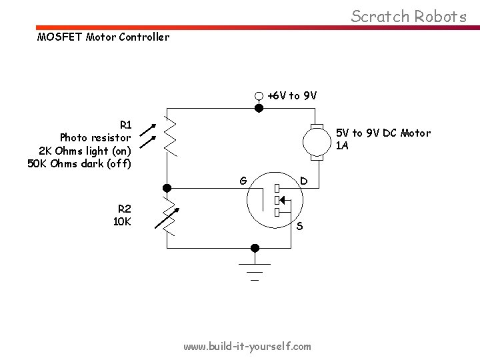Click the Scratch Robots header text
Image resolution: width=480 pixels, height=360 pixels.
(x=409, y=16)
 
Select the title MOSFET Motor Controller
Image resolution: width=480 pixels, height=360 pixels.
(x=103, y=37)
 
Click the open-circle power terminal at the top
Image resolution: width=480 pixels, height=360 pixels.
(x=259, y=95)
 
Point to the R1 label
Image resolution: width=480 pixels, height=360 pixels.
(x=125, y=124)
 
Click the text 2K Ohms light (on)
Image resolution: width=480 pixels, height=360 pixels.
(x=85, y=151)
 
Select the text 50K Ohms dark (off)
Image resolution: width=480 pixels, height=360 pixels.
(x=79, y=163)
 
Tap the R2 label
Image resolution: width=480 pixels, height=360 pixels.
(x=124, y=207)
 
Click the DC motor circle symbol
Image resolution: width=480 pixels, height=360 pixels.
(x=317, y=141)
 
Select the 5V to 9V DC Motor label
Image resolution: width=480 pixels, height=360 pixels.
(x=383, y=133)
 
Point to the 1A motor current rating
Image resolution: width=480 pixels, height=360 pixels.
(x=342, y=146)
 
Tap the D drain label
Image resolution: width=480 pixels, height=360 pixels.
(x=303, y=180)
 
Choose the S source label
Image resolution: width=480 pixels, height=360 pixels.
(x=299, y=226)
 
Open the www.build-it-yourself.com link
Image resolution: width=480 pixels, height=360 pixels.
(x=247, y=346)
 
